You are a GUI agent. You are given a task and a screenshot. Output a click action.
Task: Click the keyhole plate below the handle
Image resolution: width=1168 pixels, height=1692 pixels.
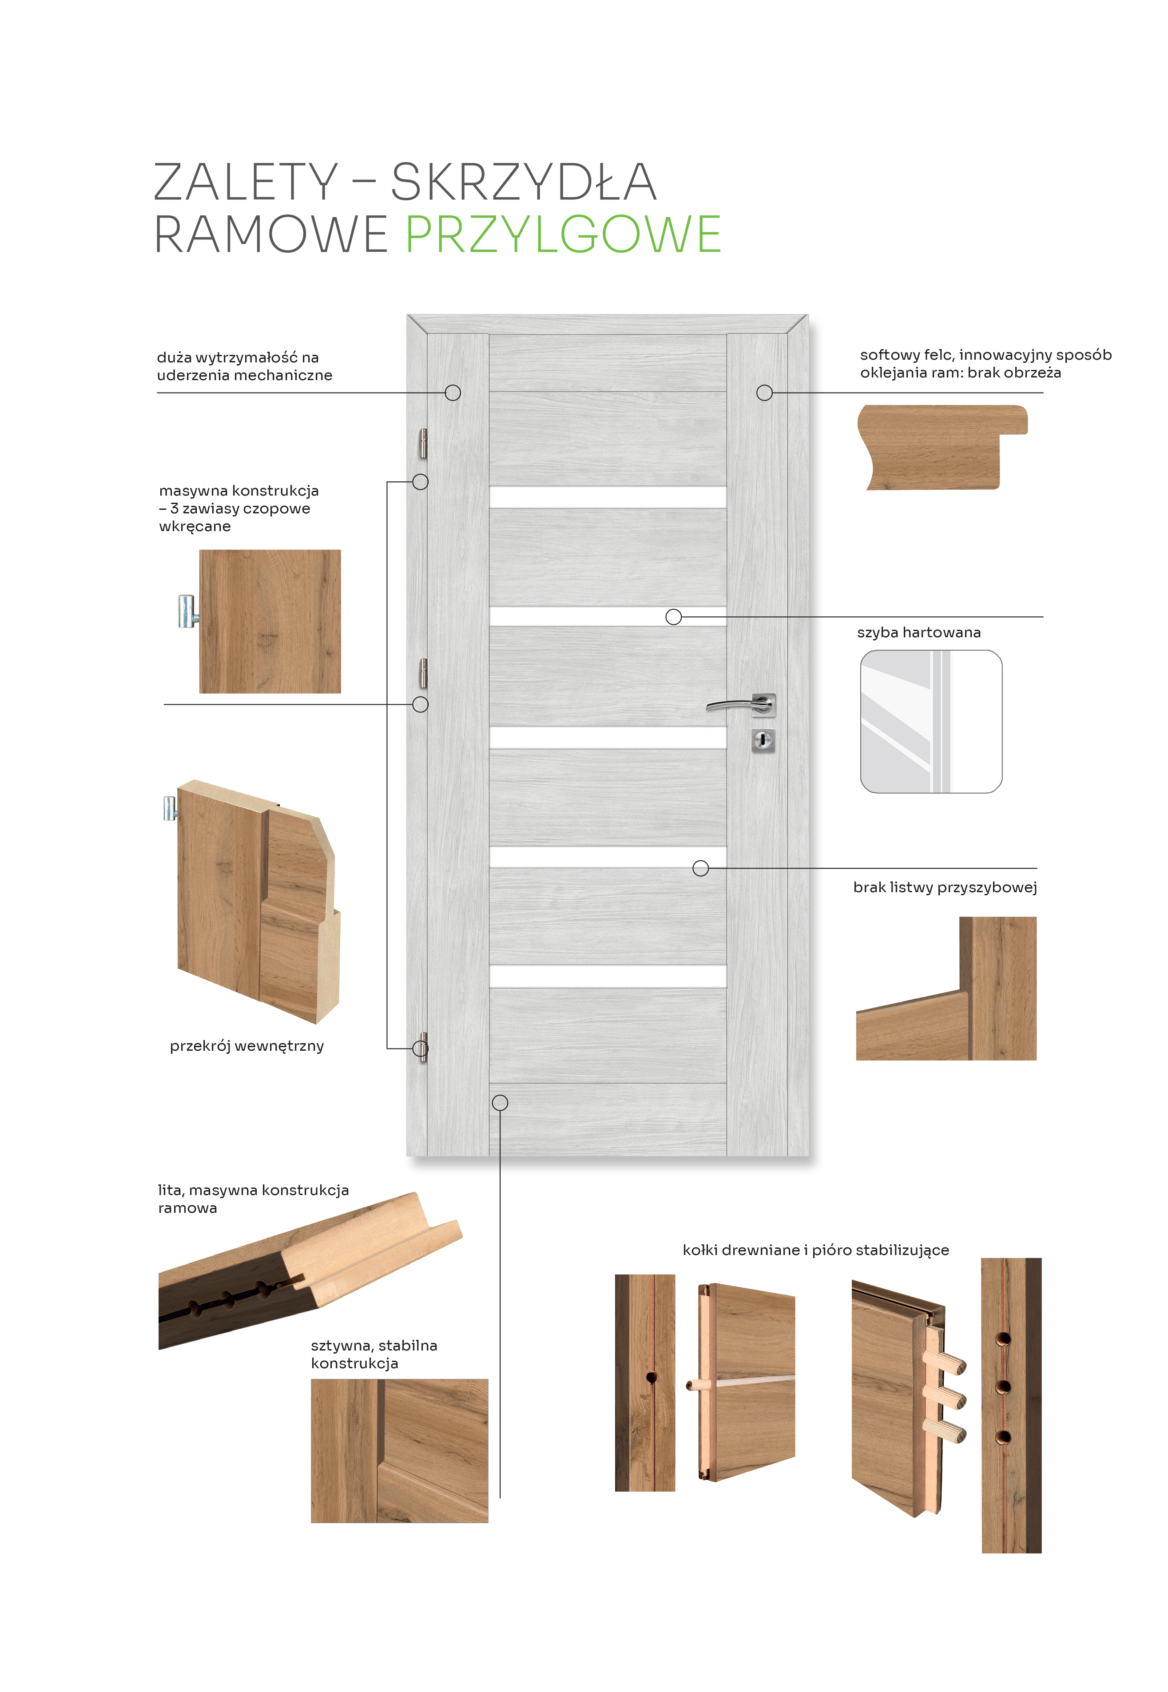(x=763, y=741)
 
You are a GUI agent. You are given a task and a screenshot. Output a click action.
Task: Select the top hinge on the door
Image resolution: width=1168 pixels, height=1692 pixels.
(x=423, y=444)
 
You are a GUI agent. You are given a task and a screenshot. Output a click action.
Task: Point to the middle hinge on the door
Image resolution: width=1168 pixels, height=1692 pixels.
(x=423, y=673)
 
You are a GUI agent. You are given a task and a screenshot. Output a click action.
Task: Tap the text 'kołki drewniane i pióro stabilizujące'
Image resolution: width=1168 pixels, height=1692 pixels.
(x=815, y=1250)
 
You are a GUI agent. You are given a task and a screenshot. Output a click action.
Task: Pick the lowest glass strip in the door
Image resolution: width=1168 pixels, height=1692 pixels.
(x=608, y=976)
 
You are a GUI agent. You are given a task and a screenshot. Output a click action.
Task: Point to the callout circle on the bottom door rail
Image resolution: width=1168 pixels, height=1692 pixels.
(x=500, y=1102)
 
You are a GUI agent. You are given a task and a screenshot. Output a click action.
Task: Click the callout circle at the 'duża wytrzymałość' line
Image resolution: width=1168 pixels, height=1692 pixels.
(x=453, y=393)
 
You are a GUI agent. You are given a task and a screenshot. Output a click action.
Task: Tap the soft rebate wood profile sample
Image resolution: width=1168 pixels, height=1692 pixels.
(x=942, y=447)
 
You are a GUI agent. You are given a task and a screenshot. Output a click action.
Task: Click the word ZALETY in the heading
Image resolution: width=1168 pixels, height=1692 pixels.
(x=246, y=182)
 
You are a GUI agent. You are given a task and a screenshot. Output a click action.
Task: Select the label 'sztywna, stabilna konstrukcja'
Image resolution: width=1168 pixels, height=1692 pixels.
(x=374, y=1354)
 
